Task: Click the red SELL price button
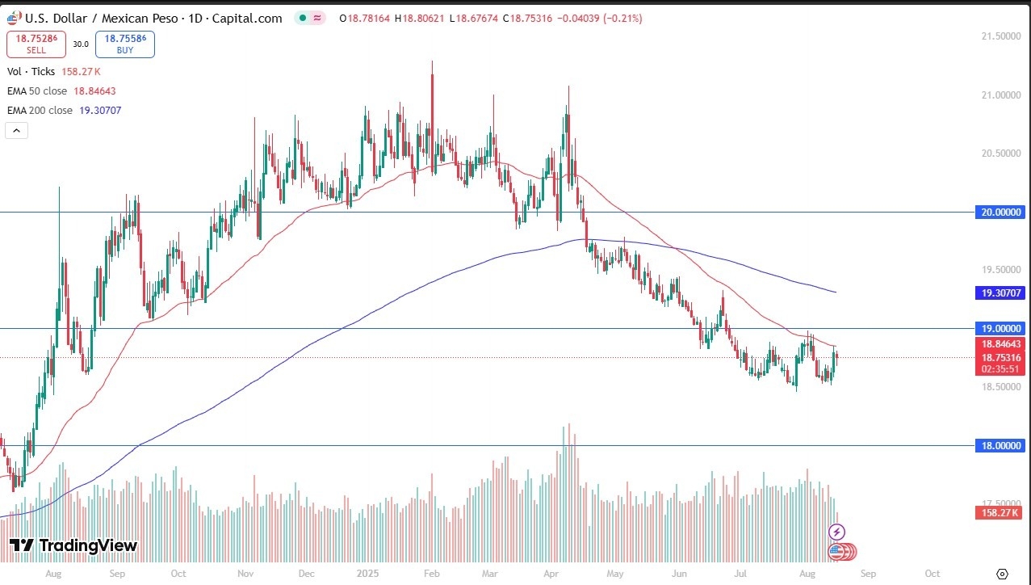coord(36,44)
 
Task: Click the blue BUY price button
coord(124,44)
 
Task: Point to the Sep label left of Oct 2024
coord(116,573)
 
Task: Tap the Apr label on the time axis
coord(553,573)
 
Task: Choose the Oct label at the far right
coord(931,573)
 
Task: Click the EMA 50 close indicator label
coord(36,91)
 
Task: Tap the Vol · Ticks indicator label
coord(31,72)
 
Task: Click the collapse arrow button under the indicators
coord(17,130)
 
